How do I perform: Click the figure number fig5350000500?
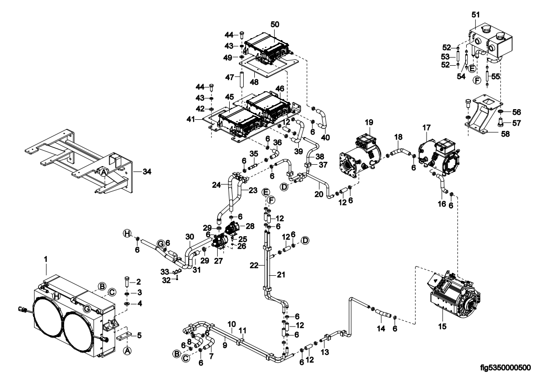(505, 368)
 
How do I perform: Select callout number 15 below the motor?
(442, 326)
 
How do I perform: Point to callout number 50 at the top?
(275, 25)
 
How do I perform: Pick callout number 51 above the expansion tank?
(476, 15)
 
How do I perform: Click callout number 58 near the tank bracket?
(505, 134)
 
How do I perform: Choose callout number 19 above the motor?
(369, 122)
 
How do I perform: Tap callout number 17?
(426, 128)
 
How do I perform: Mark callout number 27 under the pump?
(218, 261)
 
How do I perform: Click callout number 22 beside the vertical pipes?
(254, 265)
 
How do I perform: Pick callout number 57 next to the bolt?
(516, 123)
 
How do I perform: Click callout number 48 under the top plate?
(254, 83)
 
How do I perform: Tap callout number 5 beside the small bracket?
(139, 335)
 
